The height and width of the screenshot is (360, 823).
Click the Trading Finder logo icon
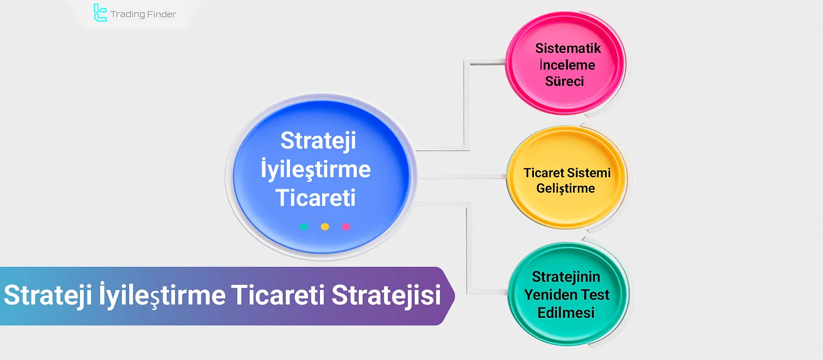100,13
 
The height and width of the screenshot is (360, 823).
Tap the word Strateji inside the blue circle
318,141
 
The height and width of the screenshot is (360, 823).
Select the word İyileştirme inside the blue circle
315,170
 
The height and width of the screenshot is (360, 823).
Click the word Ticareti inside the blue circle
315,198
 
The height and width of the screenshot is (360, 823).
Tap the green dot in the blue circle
303,227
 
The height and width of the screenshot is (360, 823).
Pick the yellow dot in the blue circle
325,227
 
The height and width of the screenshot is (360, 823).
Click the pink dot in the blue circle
346,227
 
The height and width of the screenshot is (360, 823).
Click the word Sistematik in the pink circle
568,48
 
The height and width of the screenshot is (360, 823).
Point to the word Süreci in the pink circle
564,81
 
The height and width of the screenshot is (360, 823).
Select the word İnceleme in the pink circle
567,65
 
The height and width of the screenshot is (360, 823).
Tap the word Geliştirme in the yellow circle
565,189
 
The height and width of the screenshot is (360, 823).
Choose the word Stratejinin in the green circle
566,277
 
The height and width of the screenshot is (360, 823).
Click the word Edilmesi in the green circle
566,313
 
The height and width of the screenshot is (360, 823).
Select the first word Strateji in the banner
47,296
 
